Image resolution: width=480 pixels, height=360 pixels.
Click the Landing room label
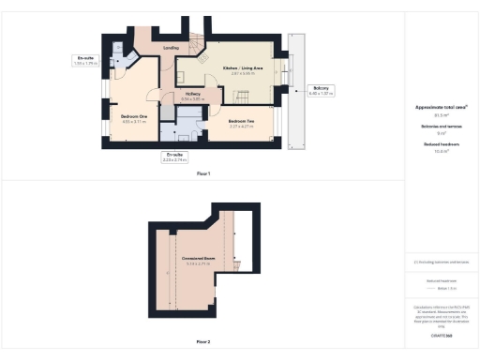click(171, 47)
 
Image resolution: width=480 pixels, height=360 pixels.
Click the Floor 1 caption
click(203, 173)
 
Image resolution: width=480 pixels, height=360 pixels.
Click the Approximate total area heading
click(441, 109)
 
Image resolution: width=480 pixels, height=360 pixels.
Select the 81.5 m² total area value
click(441, 115)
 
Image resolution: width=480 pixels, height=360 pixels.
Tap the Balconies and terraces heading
click(441, 127)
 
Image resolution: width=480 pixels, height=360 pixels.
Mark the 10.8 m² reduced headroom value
click(441, 150)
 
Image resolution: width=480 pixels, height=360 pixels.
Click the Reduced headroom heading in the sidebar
click(441, 143)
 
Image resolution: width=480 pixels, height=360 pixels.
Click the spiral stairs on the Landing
click(192, 45)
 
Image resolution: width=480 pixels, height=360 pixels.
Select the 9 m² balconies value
click(441, 133)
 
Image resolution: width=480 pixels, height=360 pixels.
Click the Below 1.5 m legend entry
click(441, 287)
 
